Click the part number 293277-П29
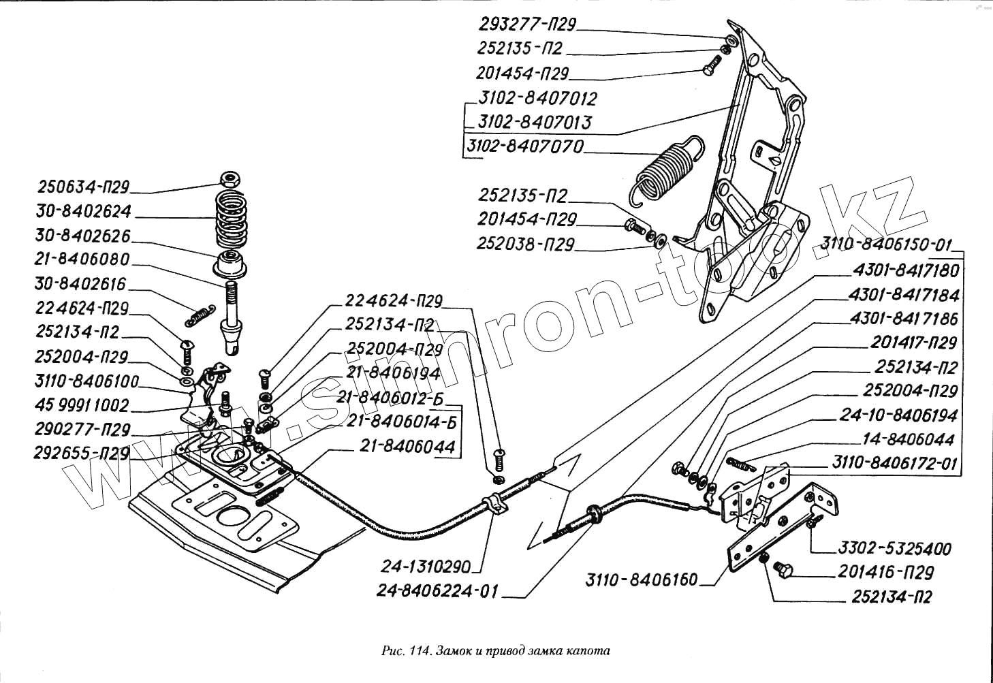coord(526,25)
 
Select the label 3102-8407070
coord(525,146)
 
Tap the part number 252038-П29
coord(526,244)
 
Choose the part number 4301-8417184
coord(904,295)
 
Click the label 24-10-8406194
coord(898,415)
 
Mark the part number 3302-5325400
coord(894,548)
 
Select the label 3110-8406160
coord(642,579)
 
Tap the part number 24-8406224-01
coord(437,590)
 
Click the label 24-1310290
coord(426,566)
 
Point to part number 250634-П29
coord(83,187)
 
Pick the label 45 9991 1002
coord(82,405)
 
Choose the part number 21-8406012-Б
coord(390,398)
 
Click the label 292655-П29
coord(82,453)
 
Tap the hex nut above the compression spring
coord(230,180)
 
